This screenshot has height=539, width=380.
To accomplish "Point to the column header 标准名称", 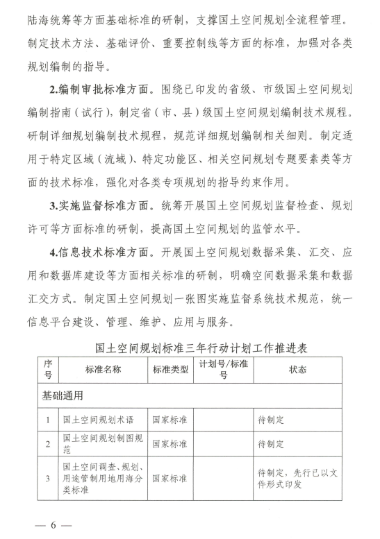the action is click(x=103, y=369).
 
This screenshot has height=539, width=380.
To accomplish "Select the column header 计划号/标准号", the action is click(x=223, y=370).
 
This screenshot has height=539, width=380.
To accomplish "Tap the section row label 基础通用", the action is click(x=62, y=396).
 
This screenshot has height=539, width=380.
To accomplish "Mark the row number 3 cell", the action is click(x=47, y=478).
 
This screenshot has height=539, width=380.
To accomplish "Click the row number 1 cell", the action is click(x=47, y=420).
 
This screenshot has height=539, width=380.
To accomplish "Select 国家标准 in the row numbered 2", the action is click(x=170, y=443).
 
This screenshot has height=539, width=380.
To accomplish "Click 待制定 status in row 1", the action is click(x=272, y=420).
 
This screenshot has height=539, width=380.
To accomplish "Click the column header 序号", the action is click(x=47, y=370).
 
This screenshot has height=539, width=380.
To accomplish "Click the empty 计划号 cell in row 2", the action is click(x=223, y=443).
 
